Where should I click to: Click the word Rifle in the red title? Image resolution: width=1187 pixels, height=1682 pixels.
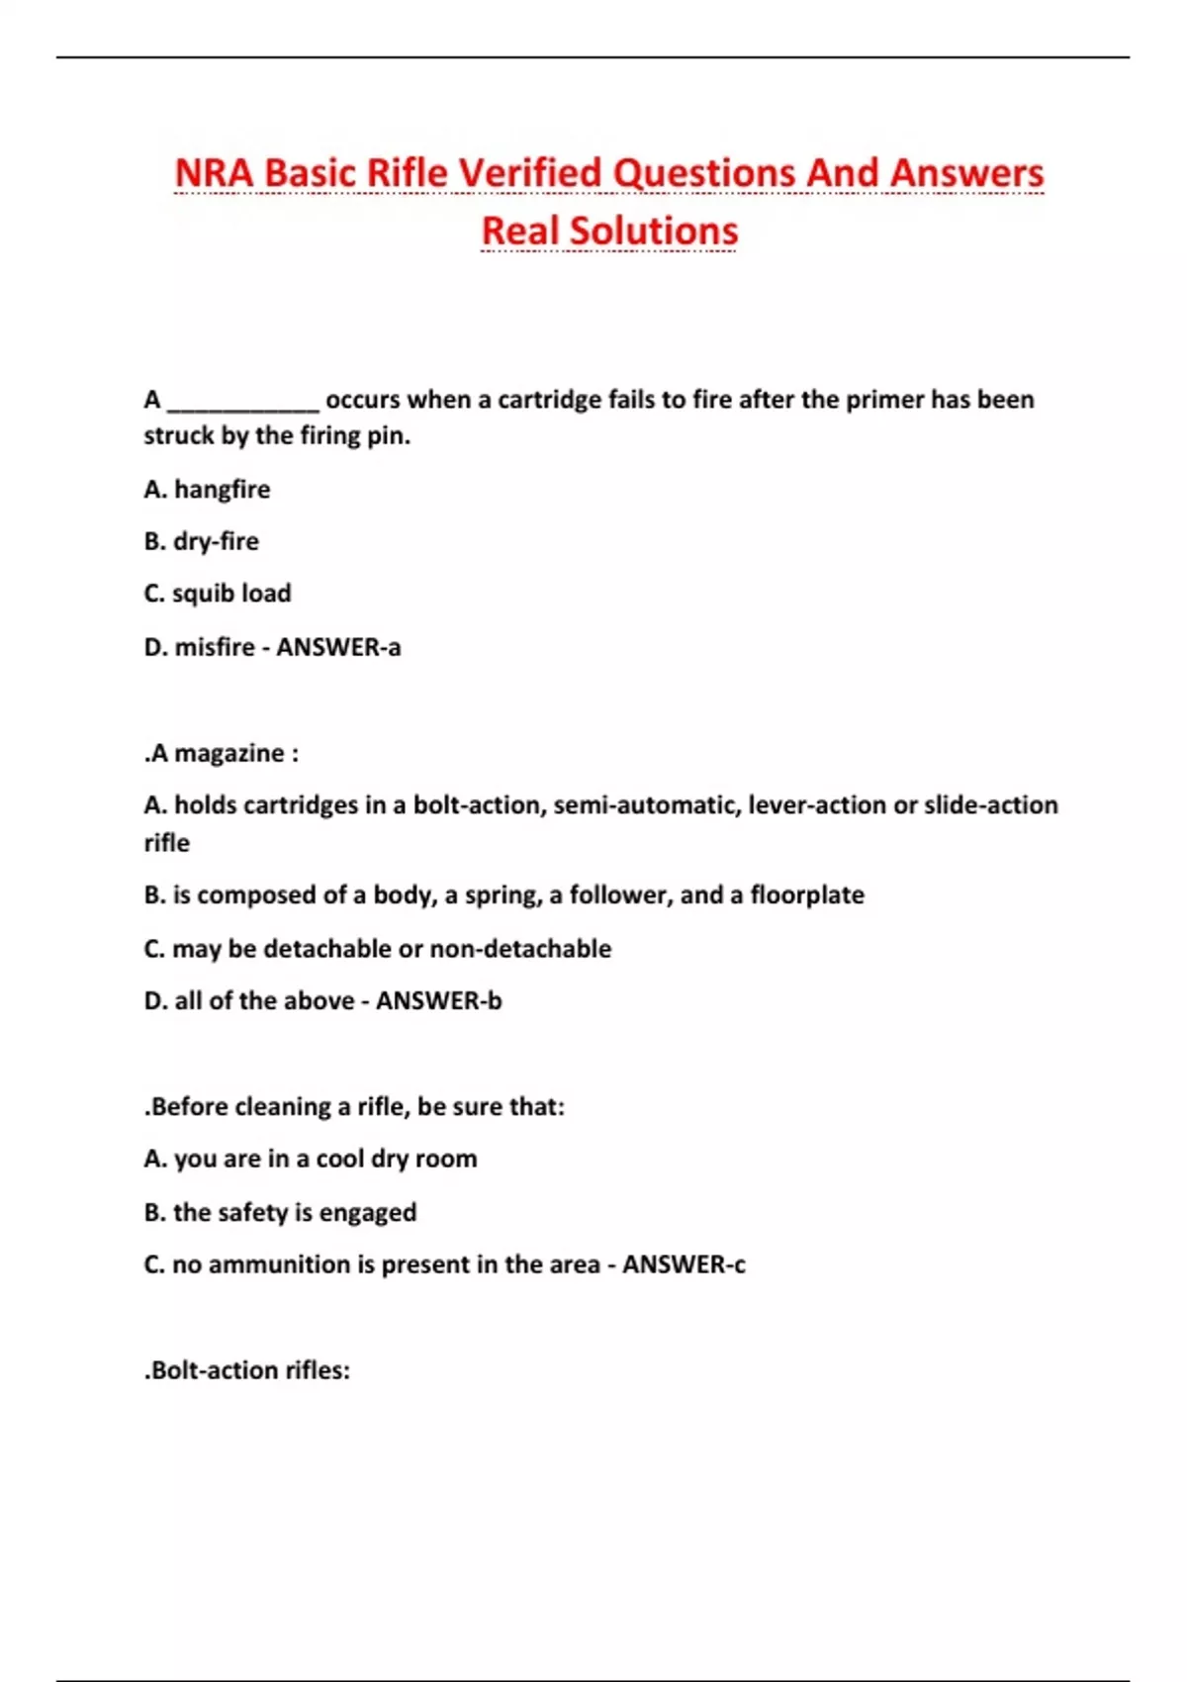point(407,173)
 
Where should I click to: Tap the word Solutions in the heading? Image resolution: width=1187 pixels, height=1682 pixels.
point(654,232)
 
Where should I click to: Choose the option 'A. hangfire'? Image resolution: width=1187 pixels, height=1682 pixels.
point(207,490)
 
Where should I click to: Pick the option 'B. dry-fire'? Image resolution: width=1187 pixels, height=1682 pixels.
point(201,542)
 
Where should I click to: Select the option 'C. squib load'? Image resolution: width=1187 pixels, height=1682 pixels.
point(218,594)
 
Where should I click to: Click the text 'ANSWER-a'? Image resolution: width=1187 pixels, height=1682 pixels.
point(338,647)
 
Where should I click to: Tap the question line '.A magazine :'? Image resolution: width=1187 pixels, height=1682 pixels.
point(222,754)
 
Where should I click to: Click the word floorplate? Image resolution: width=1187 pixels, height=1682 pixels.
point(807,895)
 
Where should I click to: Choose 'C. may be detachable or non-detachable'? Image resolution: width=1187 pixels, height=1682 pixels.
point(377,949)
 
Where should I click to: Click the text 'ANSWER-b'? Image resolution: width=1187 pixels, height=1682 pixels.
point(439,1001)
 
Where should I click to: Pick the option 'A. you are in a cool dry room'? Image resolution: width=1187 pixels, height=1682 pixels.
point(311,1159)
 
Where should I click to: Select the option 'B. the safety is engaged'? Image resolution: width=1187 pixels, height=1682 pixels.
point(280,1212)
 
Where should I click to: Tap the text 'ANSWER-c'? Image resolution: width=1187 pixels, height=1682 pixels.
point(684,1264)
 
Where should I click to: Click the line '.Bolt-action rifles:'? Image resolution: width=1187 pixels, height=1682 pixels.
point(247,1371)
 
